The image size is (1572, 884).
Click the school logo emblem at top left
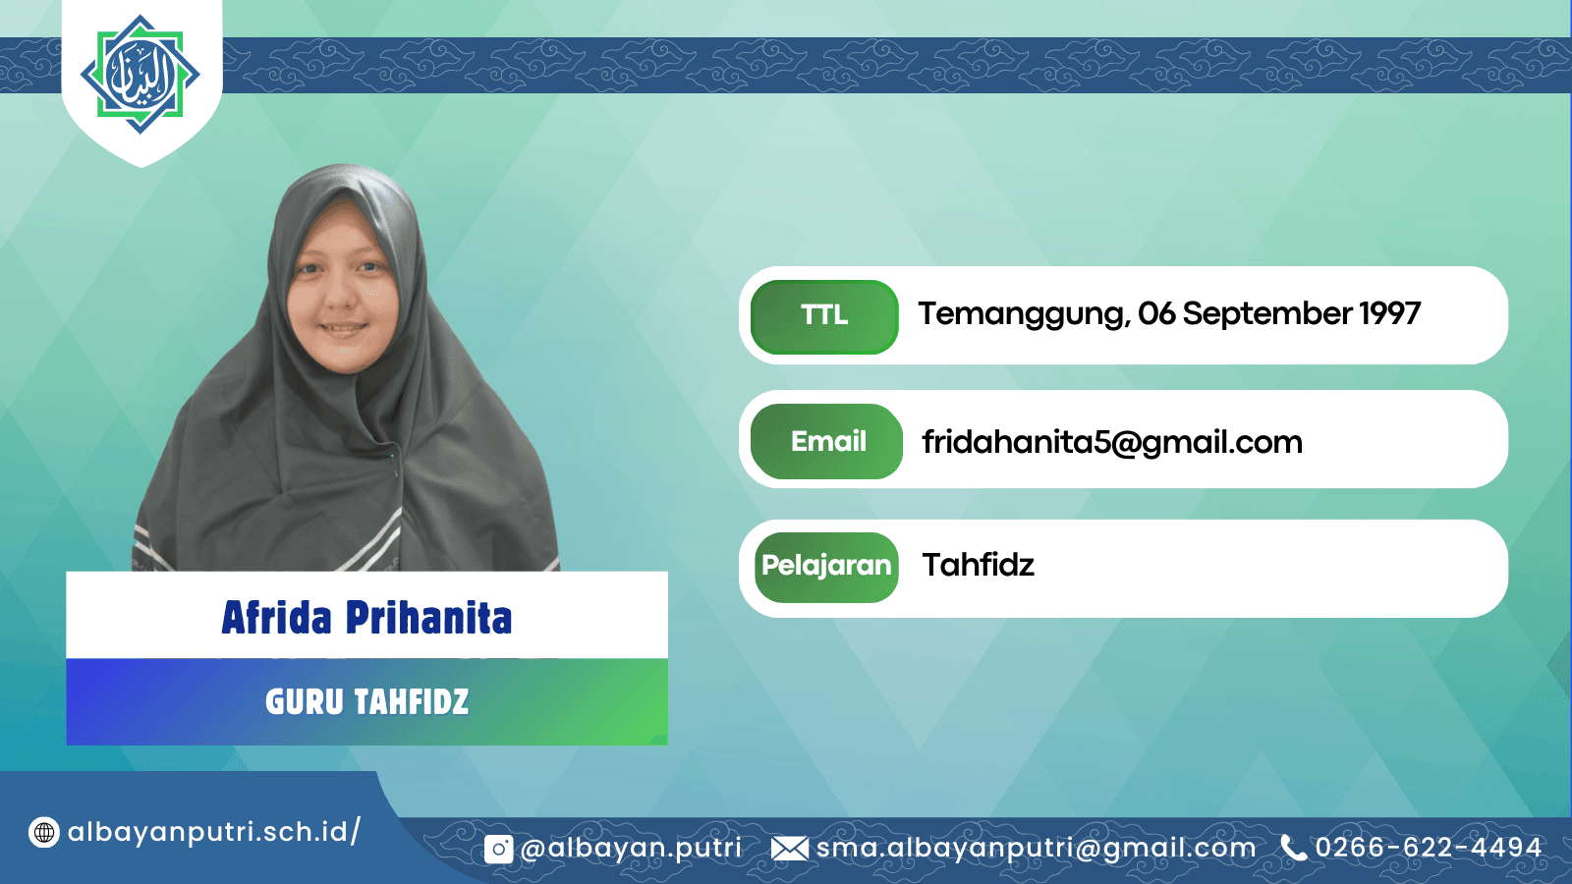pyautogui.click(x=140, y=75)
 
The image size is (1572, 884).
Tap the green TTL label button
pyautogui.click(x=824, y=316)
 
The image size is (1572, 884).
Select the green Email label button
pyautogui.click(x=826, y=441)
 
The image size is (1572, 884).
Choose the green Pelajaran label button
pyautogui.click(x=826, y=567)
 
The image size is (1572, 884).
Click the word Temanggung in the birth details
pyautogui.click(x=1024, y=314)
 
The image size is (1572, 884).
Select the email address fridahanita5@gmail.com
pyautogui.click(x=1112, y=443)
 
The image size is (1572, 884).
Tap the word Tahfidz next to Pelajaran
pyautogui.click(x=979, y=565)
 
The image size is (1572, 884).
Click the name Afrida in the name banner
pyautogui.click(x=276, y=618)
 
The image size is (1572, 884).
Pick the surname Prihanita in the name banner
pyautogui.click(x=428, y=618)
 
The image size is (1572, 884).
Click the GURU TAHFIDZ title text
pyautogui.click(x=367, y=701)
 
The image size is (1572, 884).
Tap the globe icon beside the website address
pyautogui.click(x=43, y=833)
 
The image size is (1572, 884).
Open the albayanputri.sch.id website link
pyautogui.click(x=214, y=832)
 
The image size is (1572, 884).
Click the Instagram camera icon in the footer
pyautogui.click(x=498, y=849)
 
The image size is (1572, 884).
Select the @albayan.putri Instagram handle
pyautogui.click(x=630, y=849)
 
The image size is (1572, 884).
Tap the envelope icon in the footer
pyautogui.click(x=790, y=849)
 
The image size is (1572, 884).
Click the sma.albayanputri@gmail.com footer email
pyautogui.click(x=1036, y=849)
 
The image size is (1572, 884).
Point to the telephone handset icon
pyautogui.click(x=1293, y=848)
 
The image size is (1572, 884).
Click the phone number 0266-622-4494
pyautogui.click(x=1429, y=848)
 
